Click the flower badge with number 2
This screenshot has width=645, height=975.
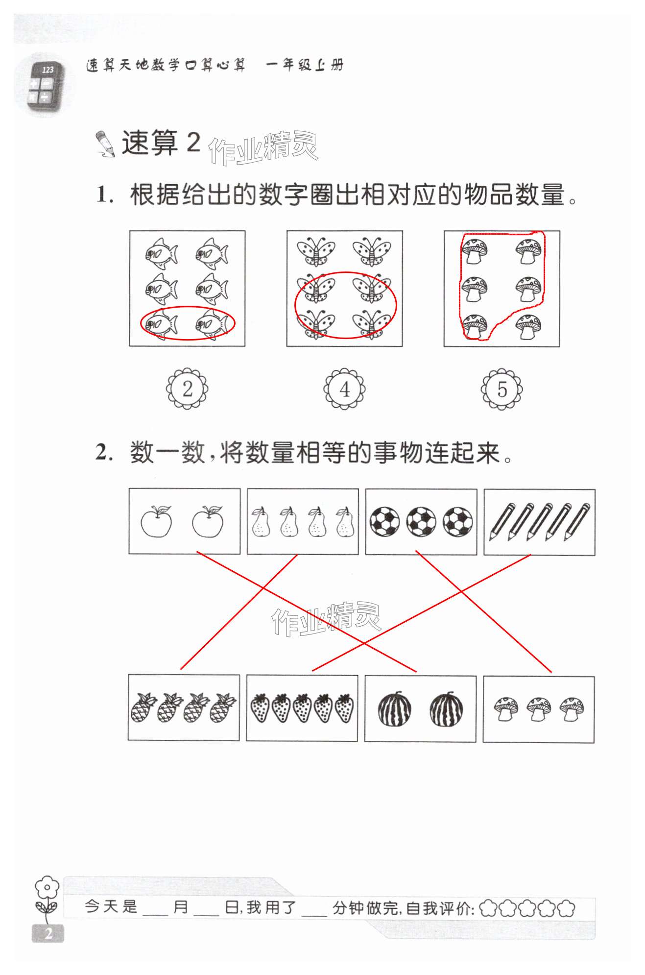(x=187, y=389)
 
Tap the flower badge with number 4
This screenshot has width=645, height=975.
(x=344, y=389)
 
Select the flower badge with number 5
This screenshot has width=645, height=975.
(x=502, y=389)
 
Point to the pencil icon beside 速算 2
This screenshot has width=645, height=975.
(x=104, y=144)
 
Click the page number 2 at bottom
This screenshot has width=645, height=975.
(x=48, y=933)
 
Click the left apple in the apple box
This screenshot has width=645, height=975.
(x=156, y=522)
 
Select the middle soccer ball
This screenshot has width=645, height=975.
(x=421, y=521)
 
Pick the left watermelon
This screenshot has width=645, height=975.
(x=394, y=709)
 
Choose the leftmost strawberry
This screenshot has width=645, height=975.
(x=260, y=708)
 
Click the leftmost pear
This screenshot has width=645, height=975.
(x=260, y=522)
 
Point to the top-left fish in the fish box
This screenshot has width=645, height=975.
(x=161, y=253)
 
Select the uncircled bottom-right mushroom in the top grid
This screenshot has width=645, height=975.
(x=528, y=326)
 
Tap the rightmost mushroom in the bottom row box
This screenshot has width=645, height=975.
(x=572, y=709)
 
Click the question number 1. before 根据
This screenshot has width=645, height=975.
(x=104, y=195)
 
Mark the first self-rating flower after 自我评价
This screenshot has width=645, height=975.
(x=488, y=908)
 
